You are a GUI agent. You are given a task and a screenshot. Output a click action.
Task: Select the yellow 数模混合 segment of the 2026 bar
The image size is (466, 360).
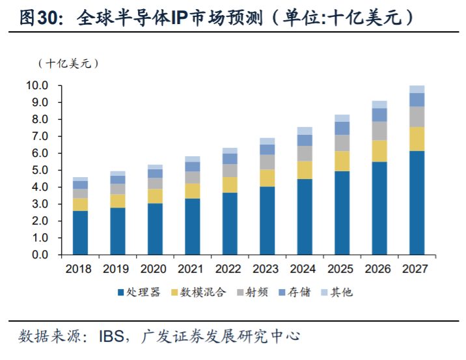tap(379, 150)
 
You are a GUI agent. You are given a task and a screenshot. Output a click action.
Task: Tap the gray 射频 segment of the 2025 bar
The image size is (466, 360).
tap(342, 143)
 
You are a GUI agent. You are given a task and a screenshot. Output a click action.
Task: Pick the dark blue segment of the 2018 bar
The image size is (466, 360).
tap(80, 232)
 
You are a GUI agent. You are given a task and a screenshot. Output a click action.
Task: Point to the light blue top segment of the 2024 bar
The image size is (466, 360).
tap(304, 130)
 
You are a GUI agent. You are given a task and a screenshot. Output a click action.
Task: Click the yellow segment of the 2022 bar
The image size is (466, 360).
tap(229, 184)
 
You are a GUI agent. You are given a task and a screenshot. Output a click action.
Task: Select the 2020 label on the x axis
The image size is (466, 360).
tap(155, 268)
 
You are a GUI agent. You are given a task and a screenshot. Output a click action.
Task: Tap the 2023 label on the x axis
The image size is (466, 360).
tap(267, 268)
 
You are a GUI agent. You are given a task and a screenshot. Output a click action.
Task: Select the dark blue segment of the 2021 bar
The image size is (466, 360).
tap(192, 227)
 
